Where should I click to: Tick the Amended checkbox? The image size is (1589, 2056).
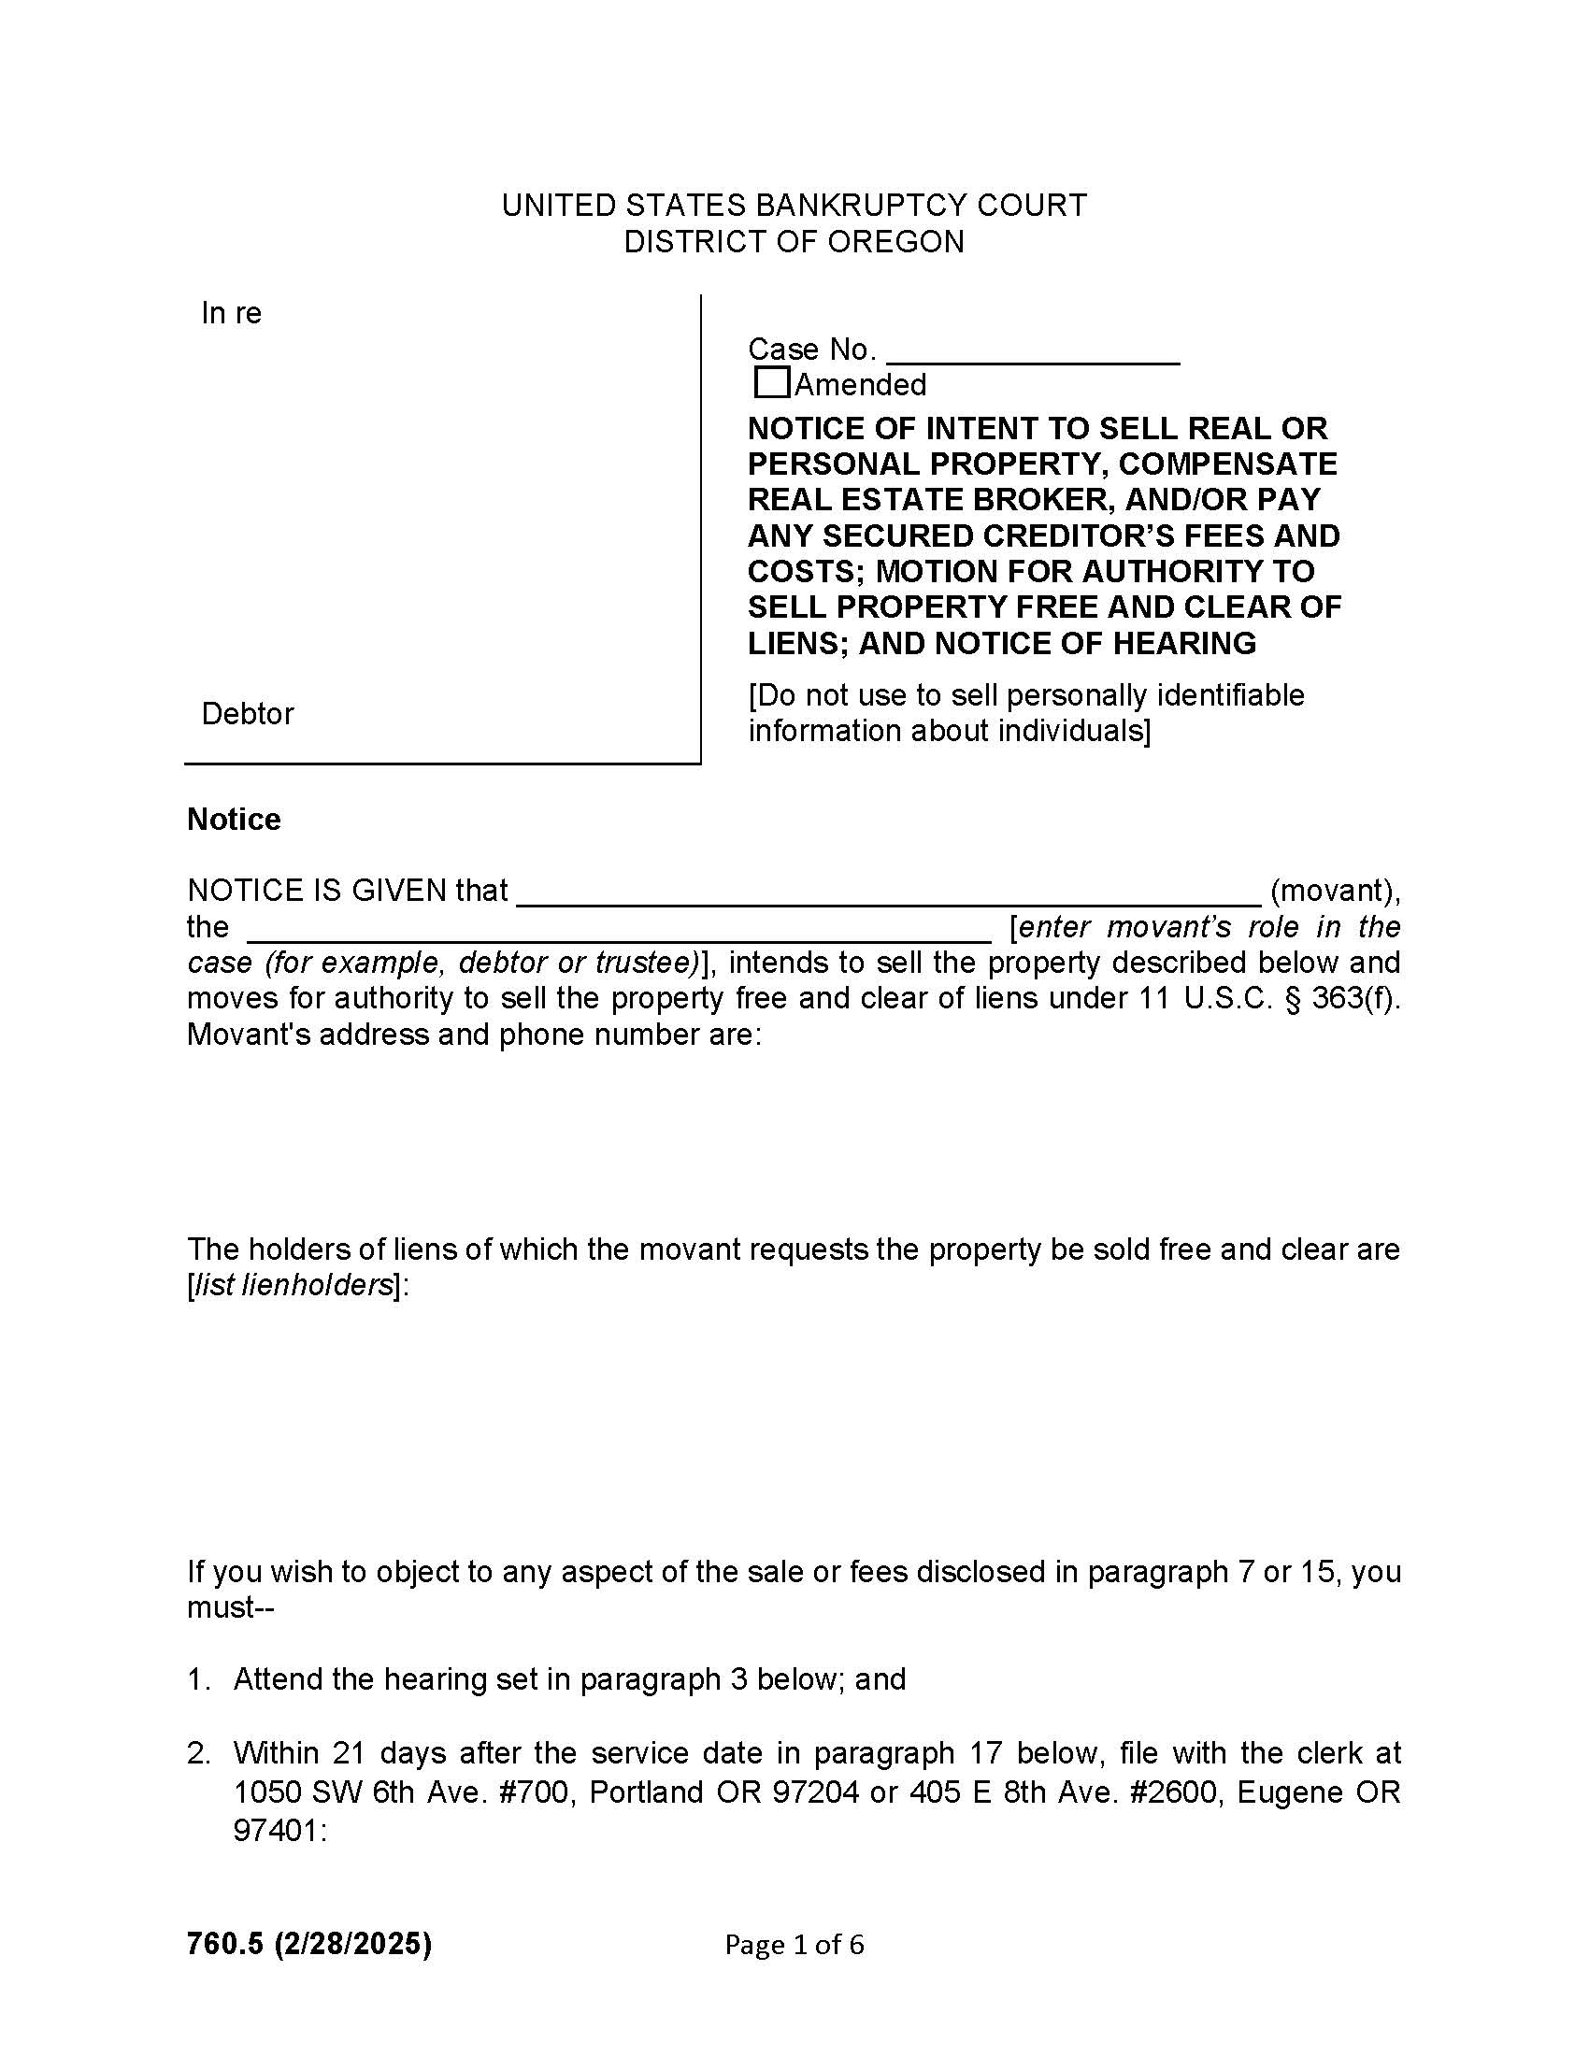tap(771, 383)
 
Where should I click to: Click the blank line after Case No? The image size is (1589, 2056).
tap(1033, 353)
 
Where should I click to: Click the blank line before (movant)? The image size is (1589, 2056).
tap(889, 893)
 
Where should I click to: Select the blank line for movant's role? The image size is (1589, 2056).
tap(619, 930)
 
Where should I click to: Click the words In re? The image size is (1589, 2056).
tap(231, 313)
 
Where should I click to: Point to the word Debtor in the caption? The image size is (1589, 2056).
tap(248, 714)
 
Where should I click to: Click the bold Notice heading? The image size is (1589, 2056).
tap(234, 819)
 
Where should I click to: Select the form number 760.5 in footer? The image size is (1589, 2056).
tap(226, 1944)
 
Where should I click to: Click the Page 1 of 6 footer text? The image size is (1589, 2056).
tap(794, 1945)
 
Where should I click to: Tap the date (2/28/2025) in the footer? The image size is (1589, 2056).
tap(353, 1944)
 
